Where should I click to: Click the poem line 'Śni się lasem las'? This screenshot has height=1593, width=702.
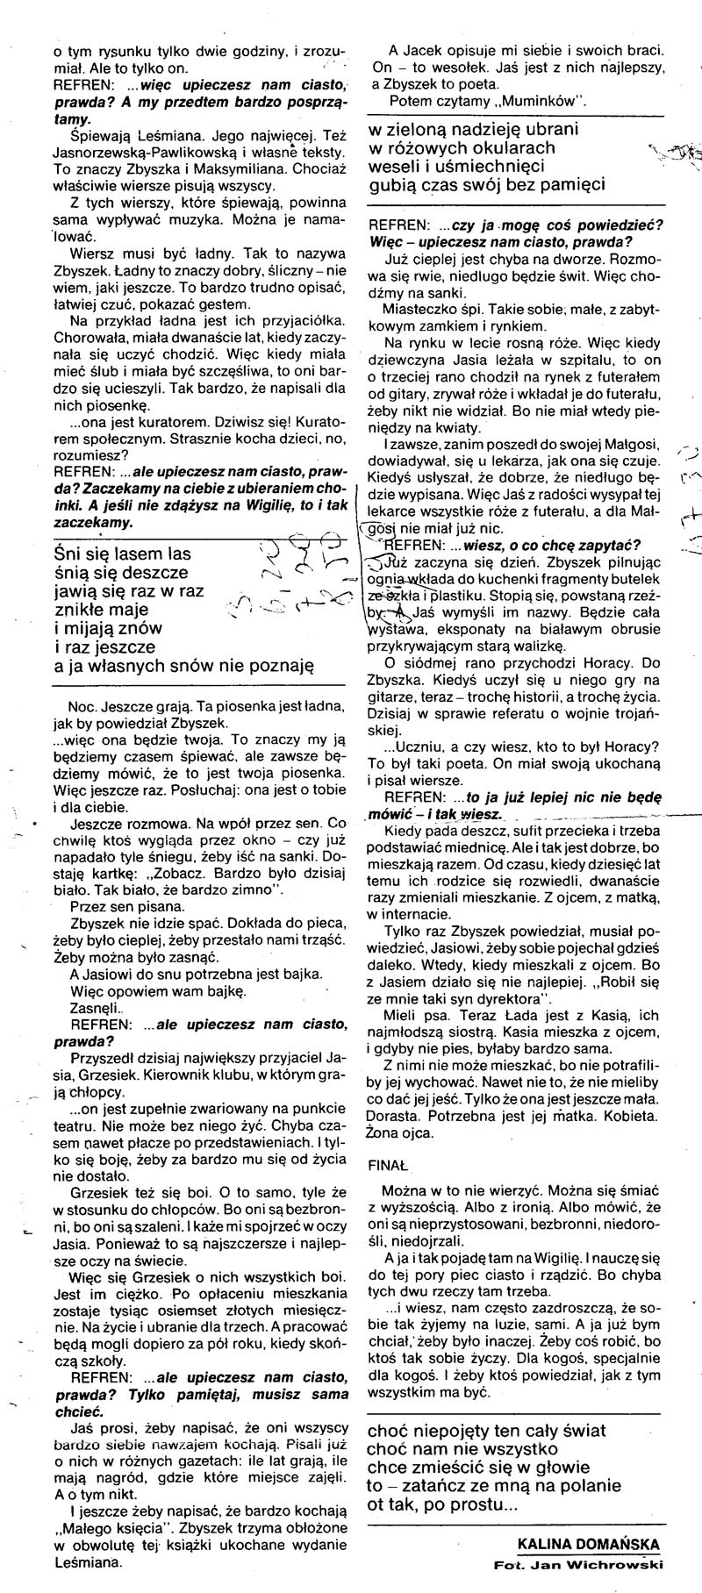[x=123, y=554]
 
